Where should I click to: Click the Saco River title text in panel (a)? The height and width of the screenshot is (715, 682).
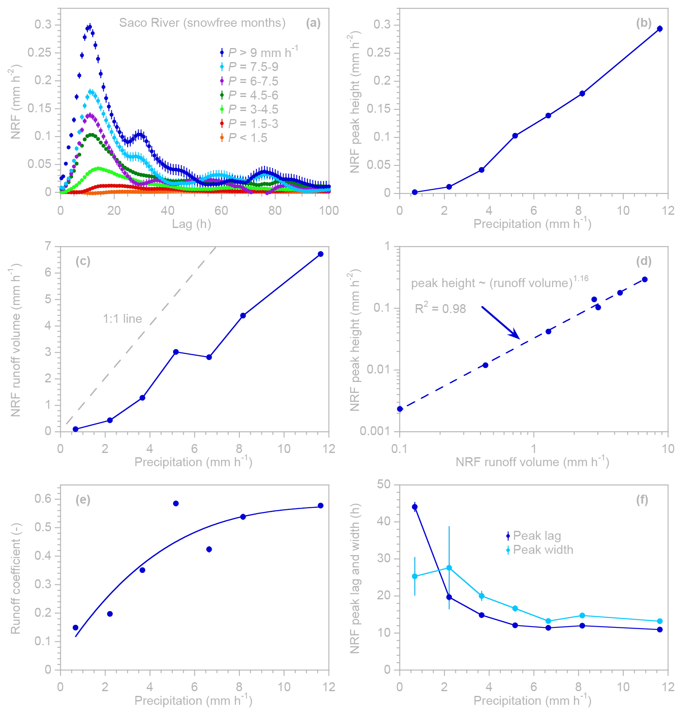click(202, 23)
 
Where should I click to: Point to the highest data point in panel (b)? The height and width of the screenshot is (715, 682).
click(659, 29)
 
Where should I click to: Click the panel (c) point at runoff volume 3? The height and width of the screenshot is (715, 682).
click(176, 352)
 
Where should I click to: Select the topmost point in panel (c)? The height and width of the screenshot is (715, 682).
click(321, 254)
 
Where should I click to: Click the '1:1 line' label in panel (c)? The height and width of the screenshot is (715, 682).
click(122, 319)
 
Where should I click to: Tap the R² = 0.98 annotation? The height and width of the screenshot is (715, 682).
click(440, 308)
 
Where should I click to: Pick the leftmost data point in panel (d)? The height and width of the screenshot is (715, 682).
click(400, 409)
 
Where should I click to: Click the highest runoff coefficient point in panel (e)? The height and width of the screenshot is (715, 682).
click(176, 504)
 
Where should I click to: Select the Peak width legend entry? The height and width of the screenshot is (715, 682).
click(543, 550)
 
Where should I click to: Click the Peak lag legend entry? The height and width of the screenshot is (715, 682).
click(537, 536)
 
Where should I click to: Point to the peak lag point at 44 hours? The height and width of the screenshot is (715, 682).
click(415, 507)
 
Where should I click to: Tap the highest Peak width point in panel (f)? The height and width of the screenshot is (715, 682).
click(449, 568)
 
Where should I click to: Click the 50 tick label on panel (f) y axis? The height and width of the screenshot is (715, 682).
click(384, 484)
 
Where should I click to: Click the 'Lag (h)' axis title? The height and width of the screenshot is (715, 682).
click(191, 224)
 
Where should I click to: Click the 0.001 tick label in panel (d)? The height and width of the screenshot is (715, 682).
click(374, 431)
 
